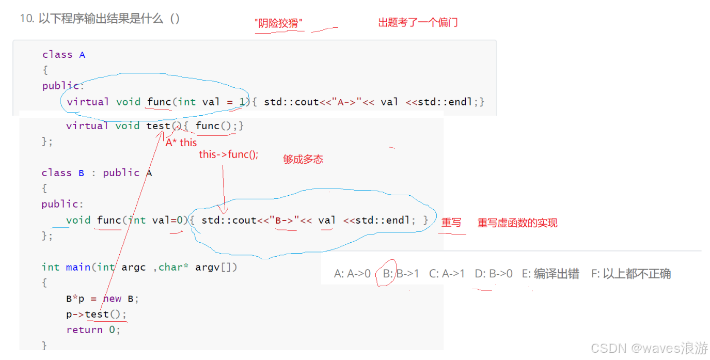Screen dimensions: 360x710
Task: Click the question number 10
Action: point(26,19)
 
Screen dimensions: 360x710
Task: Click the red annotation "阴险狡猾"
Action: point(278,23)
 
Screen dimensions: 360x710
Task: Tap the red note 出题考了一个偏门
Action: point(418,23)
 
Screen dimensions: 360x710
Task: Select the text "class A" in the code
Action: point(64,55)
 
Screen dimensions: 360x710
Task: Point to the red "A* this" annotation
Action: point(181,143)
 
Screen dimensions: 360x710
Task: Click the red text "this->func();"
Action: point(228,154)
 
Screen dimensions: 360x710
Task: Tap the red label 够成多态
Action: point(303,160)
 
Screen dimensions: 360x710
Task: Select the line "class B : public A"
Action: point(97,173)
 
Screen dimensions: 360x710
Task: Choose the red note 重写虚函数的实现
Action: point(517,223)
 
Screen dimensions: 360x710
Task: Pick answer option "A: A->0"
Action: point(352,274)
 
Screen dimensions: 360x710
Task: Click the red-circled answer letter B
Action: point(388,274)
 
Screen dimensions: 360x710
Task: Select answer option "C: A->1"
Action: point(447,274)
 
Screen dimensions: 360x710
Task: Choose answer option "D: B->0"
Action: point(494,274)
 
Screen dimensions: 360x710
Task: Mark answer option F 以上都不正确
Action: point(631,274)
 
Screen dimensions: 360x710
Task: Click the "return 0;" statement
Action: point(93,330)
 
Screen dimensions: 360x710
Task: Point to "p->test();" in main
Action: point(96,315)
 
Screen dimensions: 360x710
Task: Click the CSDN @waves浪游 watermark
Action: point(649,349)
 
